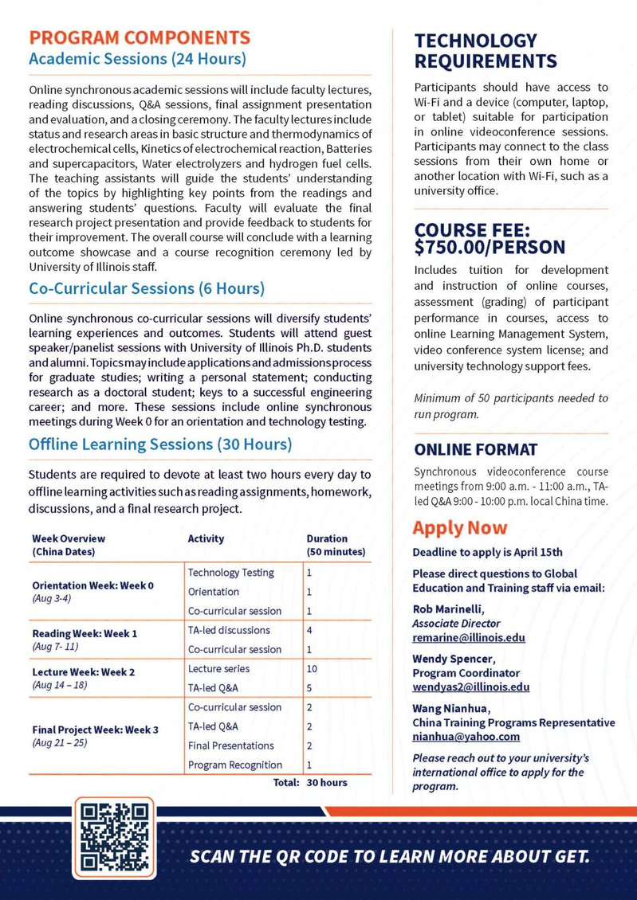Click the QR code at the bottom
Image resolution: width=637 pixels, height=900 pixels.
pos(115,836)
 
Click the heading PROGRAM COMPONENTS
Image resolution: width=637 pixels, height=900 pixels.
pos(140,37)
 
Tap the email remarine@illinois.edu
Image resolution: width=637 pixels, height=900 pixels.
pos(468,638)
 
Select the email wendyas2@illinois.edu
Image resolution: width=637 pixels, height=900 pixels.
pos(470,687)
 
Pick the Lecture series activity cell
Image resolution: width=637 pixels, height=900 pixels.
pos(218,668)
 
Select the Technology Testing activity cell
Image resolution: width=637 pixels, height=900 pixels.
pos(230,572)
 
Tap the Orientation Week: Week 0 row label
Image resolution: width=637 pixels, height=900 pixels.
pos(93,585)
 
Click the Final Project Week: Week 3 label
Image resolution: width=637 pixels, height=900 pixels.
pos(96,729)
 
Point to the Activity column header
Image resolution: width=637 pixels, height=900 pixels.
pos(206,538)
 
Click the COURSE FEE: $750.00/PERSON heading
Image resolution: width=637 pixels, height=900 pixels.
pos(490,238)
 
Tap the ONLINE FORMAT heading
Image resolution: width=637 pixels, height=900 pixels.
pos(475,449)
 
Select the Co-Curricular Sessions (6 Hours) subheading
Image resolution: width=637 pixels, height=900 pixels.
pos(147,288)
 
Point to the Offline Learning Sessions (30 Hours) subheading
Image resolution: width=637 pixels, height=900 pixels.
pos(160,444)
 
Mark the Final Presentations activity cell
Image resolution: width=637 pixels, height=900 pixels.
pos(230,745)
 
